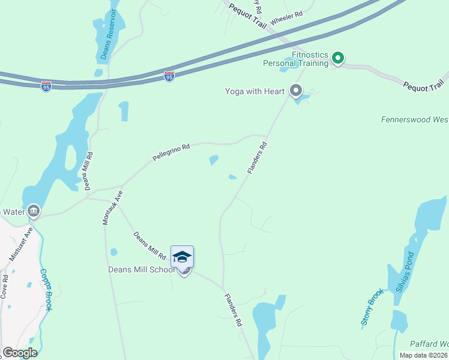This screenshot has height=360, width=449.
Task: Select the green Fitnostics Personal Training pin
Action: [x=337, y=58]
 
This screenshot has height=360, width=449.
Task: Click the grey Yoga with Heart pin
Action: [x=295, y=91]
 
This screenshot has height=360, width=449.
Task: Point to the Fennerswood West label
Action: [x=415, y=119]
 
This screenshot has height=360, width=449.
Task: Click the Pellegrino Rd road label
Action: [x=171, y=154]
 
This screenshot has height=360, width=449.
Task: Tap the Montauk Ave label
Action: [x=112, y=208]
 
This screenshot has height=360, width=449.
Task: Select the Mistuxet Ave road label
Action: [x=20, y=244]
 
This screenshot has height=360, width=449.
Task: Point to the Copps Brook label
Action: [x=46, y=289]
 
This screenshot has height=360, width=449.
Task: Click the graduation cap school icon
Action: [x=182, y=257]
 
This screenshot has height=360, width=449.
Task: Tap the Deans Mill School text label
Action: [x=141, y=269]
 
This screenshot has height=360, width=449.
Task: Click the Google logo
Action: [x=20, y=353]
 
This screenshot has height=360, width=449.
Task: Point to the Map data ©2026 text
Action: [x=423, y=355]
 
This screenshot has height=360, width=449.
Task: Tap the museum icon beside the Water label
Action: [x=34, y=211]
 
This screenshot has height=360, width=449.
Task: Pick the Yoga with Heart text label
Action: [x=255, y=91]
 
